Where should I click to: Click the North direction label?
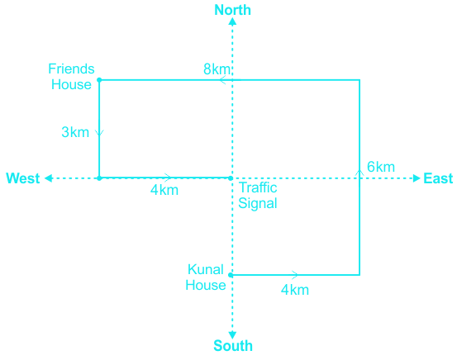pyautogui.click(x=232, y=10)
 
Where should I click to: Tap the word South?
pyautogui.click(x=233, y=346)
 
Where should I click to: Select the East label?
pyautogui.click(x=438, y=178)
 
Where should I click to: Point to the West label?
pyautogui.click(x=23, y=178)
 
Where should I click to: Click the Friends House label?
pyautogui.click(x=71, y=77)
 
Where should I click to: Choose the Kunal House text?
pyautogui.click(x=206, y=277)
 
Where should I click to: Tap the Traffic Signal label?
pyautogui.click(x=258, y=196)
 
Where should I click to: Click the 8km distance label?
pyautogui.click(x=217, y=69)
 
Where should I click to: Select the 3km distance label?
pyautogui.click(x=75, y=132)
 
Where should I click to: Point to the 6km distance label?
pyautogui.click(x=381, y=167)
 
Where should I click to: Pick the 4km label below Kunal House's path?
pyautogui.click(x=295, y=290)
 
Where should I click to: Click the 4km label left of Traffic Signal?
pyautogui.click(x=164, y=190)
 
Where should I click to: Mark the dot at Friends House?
pyautogui.click(x=99, y=80)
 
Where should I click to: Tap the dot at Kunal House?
pyautogui.click(x=231, y=275)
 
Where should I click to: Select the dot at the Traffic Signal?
pyautogui.click(x=231, y=178)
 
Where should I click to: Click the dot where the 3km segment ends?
pyautogui.click(x=99, y=178)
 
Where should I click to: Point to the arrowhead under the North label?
pyautogui.click(x=232, y=21)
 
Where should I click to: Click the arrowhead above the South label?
pyautogui.click(x=232, y=335)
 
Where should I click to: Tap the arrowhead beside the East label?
pyautogui.click(x=417, y=178)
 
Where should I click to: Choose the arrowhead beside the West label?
pyautogui.click(x=49, y=178)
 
